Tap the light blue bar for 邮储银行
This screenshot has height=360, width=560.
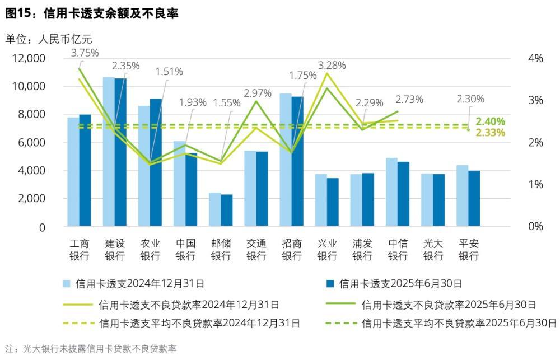pos(214,210)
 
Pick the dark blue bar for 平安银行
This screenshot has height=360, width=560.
pos(474,199)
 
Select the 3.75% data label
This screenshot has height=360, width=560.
pos(85,53)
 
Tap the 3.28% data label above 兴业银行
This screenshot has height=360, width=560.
pos(332,66)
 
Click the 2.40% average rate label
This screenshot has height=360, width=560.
pos(491,121)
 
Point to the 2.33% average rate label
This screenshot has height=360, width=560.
pos(491,133)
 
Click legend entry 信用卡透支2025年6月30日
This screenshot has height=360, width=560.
pos(401,284)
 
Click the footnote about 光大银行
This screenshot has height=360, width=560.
pos(90,349)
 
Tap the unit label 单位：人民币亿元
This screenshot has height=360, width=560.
pos(49,39)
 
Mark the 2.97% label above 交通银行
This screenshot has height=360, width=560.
pos(258,93)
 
